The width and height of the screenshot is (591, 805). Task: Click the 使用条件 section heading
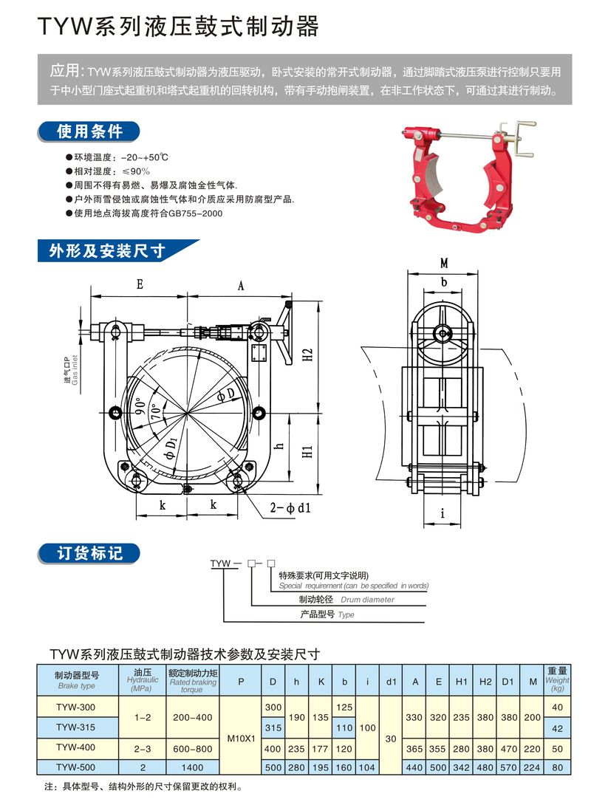click(90, 132)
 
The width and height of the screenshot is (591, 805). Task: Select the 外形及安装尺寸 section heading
click(106, 251)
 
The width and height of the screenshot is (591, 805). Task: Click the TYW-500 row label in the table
click(75, 767)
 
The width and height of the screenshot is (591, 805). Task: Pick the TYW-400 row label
click(75, 747)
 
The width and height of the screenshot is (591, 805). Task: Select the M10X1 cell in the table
click(241, 737)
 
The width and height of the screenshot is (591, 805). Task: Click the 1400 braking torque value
click(191, 767)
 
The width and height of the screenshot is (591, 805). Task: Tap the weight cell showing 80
click(558, 767)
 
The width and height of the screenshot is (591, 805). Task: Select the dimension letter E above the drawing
click(139, 284)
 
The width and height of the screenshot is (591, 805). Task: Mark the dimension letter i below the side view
click(443, 513)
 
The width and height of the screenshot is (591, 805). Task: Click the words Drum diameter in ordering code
click(367, 600)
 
